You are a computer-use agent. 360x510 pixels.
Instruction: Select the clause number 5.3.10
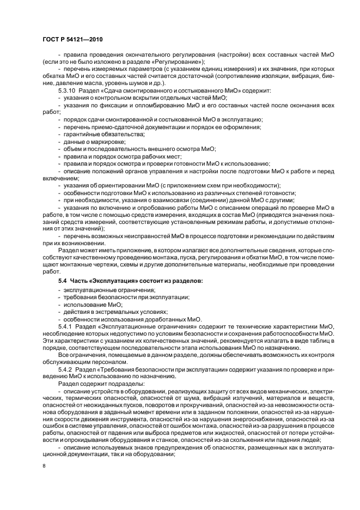(x=68, y=90)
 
